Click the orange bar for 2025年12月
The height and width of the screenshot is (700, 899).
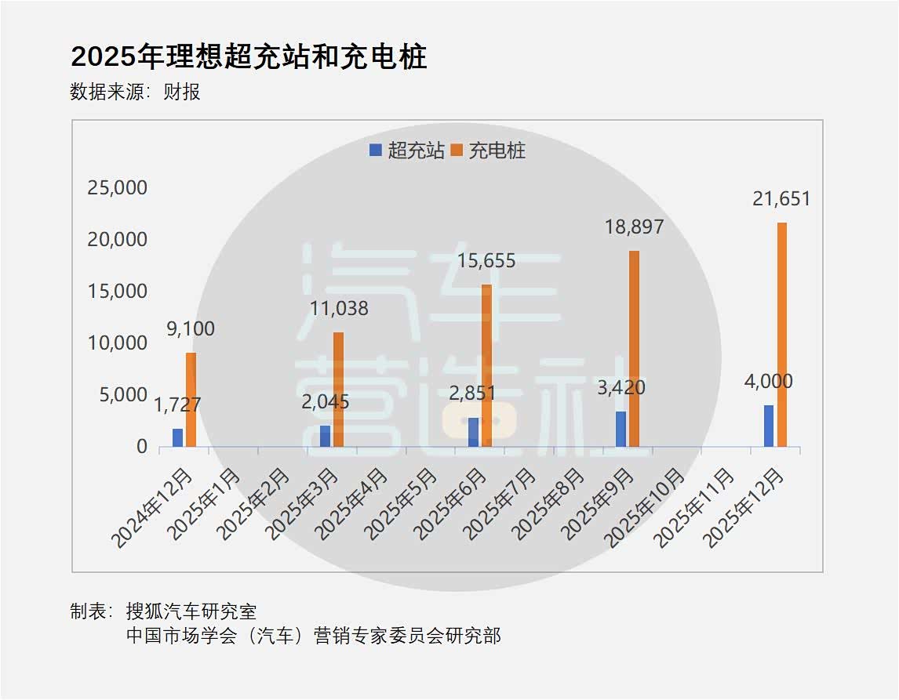point(781,335)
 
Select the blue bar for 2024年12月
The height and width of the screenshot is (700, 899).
point(178,437)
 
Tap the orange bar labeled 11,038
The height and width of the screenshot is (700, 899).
point(338,390)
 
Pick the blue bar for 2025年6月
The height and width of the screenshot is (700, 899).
point(473,432)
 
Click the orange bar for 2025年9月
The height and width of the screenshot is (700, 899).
point(634,349)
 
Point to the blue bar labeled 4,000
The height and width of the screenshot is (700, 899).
point(768,426)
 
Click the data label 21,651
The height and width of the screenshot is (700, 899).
point(781,199)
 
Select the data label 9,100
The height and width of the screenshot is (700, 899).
point(191,328)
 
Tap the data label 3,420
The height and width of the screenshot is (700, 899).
point(621,388)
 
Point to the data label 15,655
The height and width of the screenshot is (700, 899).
point(486,260)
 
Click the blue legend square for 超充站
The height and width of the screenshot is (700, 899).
point(376,150)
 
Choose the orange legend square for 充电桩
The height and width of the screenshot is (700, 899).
point(457,150)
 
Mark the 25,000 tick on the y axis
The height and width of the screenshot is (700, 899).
point(117,187)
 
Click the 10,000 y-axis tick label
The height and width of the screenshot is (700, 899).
point(117,343)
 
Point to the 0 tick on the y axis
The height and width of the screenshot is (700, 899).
point(142,446)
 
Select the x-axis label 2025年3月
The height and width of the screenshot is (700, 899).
point(303,504)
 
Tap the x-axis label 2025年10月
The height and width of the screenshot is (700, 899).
point(644,507)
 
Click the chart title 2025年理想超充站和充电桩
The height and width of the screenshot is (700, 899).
point(249,56)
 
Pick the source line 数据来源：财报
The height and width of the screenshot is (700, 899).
point(135,92)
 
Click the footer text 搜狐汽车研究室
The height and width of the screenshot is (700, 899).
point(191,611)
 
